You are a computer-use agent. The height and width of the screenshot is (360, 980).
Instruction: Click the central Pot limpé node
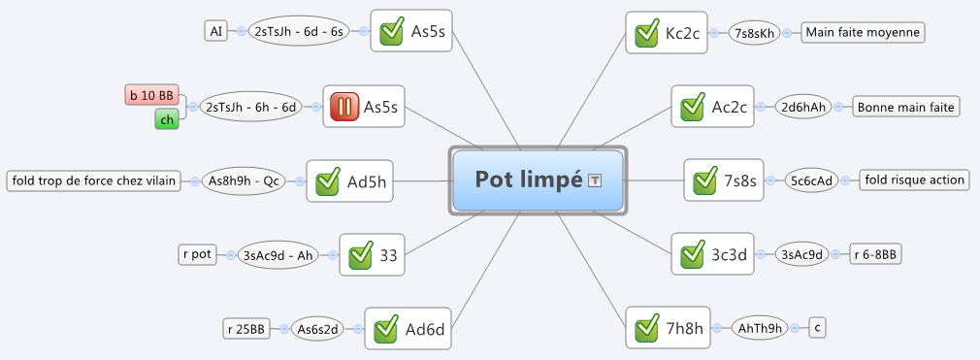[x=538, y=180]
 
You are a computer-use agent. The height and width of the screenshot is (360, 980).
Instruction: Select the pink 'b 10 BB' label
[x=152, y=96]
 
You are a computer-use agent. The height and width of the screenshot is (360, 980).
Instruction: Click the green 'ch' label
[x=167, y=119]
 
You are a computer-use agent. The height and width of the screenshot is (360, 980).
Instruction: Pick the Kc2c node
[x=667, y=32]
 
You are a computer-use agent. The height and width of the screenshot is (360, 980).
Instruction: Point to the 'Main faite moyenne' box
[x=863, y=32]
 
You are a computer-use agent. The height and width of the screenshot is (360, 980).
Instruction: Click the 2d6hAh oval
[x=803, y=107]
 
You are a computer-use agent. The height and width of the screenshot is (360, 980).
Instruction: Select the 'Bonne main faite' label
[x=905, y=107]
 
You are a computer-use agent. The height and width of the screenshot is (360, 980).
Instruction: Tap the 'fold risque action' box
[x=914, y=180]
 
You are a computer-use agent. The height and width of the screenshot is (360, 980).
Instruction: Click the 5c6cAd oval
[x=811, y=180]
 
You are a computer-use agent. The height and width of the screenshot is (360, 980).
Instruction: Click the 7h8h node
[x=669, y=328]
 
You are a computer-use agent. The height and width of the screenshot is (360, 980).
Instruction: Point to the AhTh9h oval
[x=760, y=328]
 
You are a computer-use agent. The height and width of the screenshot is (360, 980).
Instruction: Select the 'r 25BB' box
[x=246, y=329]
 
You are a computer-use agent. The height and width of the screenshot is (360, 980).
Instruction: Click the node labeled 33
[x=373, y=254]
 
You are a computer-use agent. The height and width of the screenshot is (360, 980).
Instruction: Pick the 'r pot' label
[x=198, y=255]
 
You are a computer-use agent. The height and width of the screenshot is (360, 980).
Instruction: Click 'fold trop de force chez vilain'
[x=95, y=181]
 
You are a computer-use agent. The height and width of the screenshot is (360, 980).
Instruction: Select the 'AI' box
[x=215, y=31]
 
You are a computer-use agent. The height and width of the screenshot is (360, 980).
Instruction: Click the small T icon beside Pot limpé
[x=596, y=180]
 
